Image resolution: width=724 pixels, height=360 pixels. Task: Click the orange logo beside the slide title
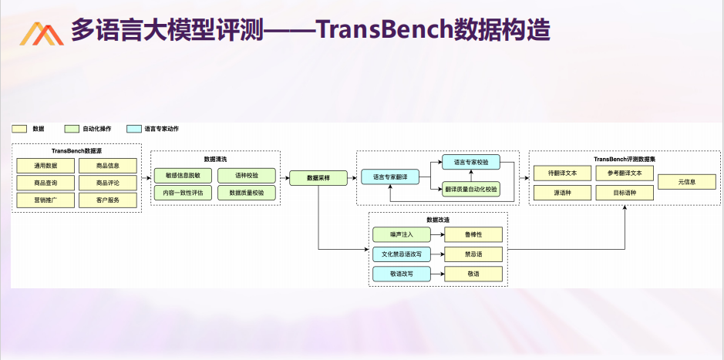point(42,34)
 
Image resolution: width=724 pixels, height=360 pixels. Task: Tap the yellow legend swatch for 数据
point(19,129)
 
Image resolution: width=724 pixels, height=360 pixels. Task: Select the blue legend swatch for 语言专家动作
point(134,129)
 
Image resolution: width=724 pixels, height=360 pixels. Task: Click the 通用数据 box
point(45,166)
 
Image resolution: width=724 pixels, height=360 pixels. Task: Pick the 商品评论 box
point(108,183)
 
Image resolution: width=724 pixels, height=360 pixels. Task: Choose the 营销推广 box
point(45,200)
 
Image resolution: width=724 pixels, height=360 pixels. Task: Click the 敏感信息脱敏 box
point(183,176)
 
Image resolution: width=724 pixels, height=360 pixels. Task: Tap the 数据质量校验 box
point(247,193)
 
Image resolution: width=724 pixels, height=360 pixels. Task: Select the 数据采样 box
point(318,178)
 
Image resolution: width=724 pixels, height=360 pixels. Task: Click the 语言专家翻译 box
point(389,177)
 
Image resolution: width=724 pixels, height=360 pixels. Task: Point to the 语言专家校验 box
point(471,162)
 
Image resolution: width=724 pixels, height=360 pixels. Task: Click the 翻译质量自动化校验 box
point(471,189)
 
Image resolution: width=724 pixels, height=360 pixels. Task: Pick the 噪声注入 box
point(401,234)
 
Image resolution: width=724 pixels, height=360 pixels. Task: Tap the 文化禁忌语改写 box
point(401,254)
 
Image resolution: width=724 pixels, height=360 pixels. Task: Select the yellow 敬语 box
point(473,274)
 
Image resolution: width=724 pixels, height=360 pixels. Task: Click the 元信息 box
point(686,182)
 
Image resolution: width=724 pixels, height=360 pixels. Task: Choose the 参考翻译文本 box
point(625,173)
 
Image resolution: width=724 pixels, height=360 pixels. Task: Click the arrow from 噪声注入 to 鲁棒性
point(437,234)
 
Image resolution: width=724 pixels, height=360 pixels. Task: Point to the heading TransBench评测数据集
point(625,160)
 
